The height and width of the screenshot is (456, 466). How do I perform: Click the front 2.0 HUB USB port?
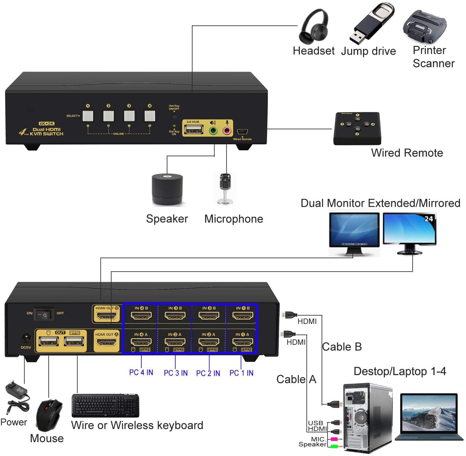194,129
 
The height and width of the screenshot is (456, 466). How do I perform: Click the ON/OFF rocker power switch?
44,314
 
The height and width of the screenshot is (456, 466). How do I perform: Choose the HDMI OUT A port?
106,342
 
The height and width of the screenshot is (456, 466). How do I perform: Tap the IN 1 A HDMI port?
242,342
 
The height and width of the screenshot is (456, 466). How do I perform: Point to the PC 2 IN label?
208,373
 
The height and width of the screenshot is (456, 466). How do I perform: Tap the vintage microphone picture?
225,189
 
